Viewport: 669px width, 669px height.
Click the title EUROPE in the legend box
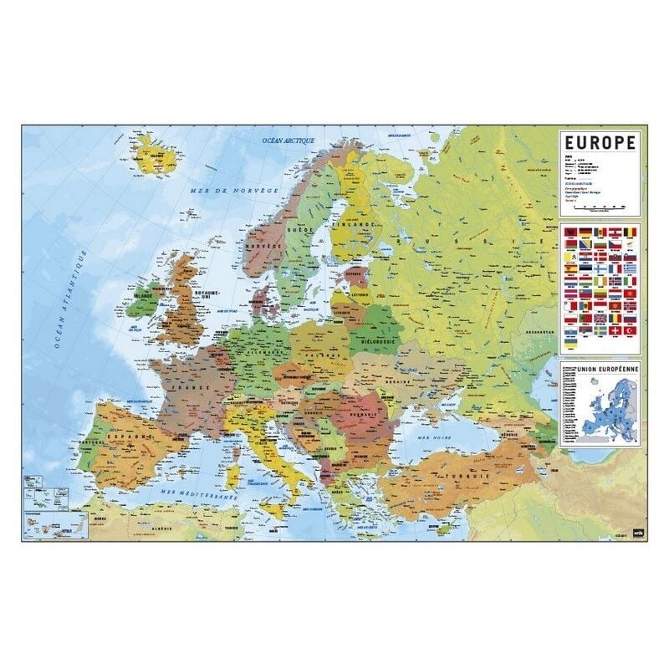600,142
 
